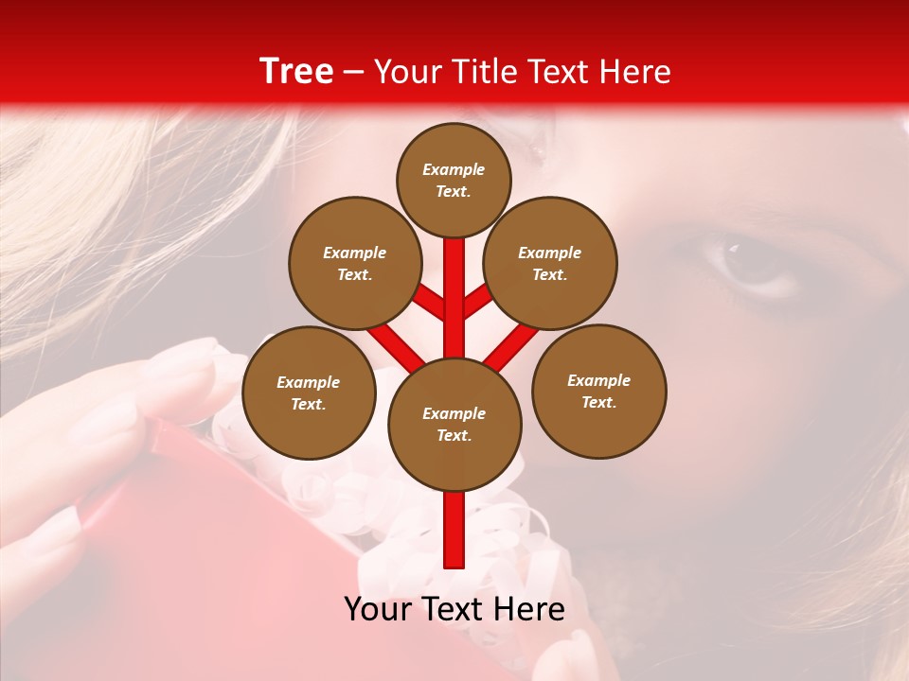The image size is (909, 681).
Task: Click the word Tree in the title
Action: [296, 72]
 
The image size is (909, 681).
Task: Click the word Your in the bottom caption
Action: [380, 609]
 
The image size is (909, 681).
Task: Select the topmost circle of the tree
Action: [454, 180]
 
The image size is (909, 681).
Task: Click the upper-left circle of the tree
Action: [355, 264]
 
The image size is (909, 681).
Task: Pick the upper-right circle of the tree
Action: [550, 264]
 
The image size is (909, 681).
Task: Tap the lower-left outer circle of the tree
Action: [309, 393]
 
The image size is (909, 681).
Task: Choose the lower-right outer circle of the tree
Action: [598, 392]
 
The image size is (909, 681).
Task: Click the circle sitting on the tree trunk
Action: [454, 425]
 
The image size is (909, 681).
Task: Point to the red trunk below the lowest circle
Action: [454, 530]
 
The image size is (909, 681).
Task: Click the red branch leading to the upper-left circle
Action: [431, 303]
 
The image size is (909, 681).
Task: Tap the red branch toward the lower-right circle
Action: [511, 345]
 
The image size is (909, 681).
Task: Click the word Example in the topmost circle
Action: [454, 169]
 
